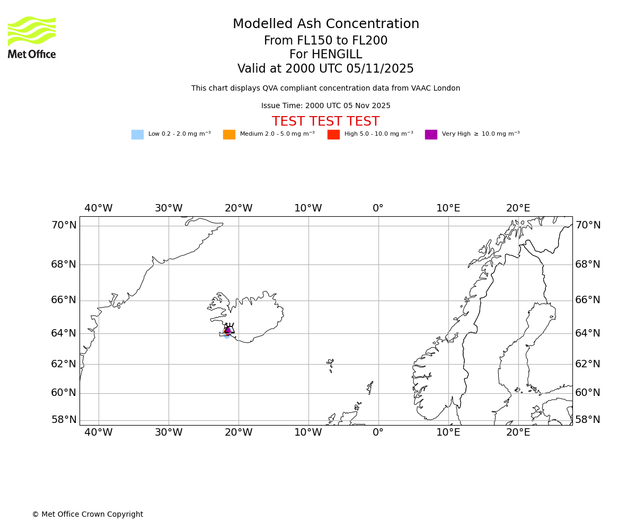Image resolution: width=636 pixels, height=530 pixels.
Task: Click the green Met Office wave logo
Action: [x=32, y=31]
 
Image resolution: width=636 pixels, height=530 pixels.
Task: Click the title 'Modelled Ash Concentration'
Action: [x=326, y=24]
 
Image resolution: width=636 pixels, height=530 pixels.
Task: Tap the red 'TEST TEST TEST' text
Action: [x=325, y=122]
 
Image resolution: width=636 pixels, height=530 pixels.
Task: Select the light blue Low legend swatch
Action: [x=137, y=135]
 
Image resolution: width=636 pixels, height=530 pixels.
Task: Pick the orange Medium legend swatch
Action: [x=229, y=135]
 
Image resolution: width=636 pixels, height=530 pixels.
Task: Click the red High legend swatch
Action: [x=333, y=135]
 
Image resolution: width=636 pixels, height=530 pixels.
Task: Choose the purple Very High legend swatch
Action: [x=431, y=135]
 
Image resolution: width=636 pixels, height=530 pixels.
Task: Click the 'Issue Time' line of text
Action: [x=325, y=106]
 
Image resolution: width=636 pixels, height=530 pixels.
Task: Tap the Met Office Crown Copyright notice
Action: [x=87, y=515]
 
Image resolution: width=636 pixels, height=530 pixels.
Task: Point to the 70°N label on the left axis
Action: [x=64, y=225]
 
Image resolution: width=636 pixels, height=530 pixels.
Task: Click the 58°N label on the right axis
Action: [x=588, y=420]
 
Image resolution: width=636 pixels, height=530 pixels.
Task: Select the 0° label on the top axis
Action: [x=378, y=208]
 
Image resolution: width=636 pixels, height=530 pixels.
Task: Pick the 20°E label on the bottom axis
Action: [x=518, y=432]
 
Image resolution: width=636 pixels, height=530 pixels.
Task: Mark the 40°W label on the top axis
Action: [x=99, y=208]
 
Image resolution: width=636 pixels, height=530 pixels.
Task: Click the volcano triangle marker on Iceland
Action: [x=228, y=329]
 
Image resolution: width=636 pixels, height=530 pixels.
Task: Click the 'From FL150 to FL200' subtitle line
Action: [x=325, y=41]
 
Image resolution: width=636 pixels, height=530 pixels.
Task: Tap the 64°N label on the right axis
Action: [x=588, y=333]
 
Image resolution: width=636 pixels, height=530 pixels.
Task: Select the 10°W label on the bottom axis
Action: [x=308, y=432]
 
